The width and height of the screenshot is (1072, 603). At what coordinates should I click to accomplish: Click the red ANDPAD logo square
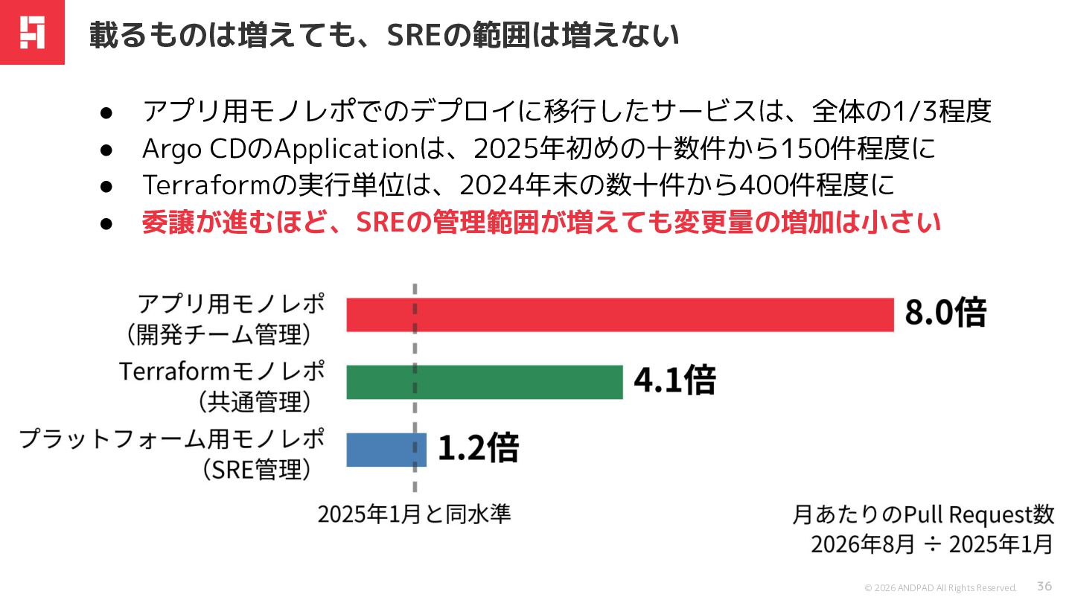click(32, 32)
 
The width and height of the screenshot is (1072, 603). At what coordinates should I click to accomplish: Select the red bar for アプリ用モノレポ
click(620, 315)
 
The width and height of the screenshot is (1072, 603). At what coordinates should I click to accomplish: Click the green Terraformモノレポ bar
click(485, 382)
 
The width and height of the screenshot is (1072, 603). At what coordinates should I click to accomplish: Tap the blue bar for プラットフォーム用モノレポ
click(386, 450)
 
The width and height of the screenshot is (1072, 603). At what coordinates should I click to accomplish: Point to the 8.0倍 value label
click(945, 313)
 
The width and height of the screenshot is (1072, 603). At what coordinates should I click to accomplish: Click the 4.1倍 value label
click(674, 380)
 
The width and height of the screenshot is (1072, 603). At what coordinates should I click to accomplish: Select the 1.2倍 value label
click(479, 448)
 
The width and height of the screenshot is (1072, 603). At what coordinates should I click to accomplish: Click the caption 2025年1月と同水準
click(415, 514)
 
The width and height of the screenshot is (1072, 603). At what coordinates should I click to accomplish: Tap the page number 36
click(1044, 587)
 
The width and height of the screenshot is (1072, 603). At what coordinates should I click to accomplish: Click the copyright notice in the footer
click(940, 587)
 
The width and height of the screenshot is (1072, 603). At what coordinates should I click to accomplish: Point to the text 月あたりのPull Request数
click(923, 515)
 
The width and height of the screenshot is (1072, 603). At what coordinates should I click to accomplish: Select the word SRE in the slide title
click(413, 36)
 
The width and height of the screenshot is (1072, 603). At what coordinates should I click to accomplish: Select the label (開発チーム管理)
click(219, 334)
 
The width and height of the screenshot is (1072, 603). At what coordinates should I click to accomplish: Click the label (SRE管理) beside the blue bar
click(257, 470)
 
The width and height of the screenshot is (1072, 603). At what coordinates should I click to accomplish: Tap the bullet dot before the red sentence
click(106, 223)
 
